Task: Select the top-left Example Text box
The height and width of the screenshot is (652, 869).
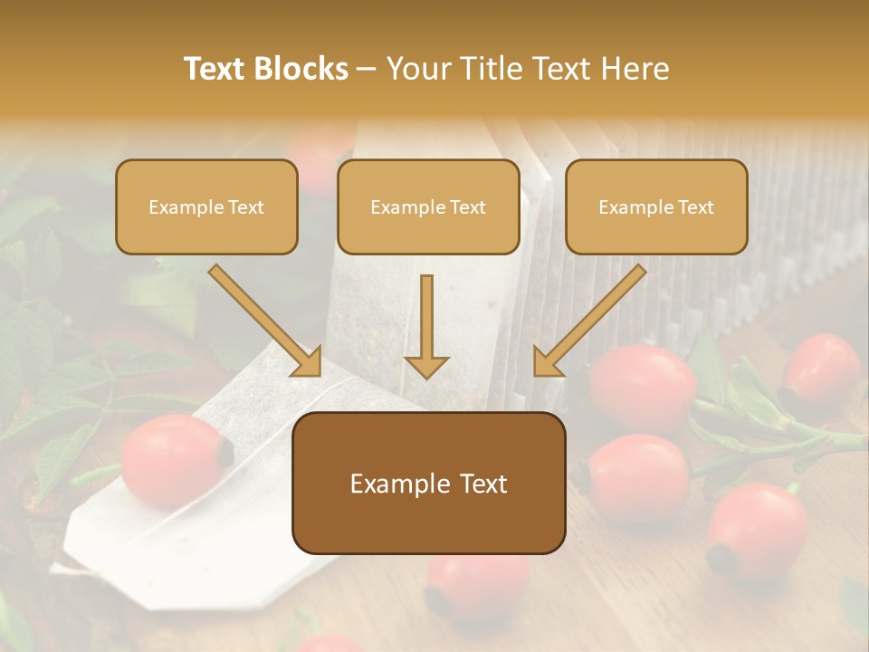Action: [x=206, y=206]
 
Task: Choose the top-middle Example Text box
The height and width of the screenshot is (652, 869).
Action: [x=428, y=206]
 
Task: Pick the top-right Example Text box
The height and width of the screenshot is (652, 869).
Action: [x=656, y=206]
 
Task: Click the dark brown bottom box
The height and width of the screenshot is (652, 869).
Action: [x=428, y=483]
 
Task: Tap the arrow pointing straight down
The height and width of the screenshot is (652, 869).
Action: [x=426, y=326]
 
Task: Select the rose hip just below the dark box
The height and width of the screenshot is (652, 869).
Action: [x=478, y=584]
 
